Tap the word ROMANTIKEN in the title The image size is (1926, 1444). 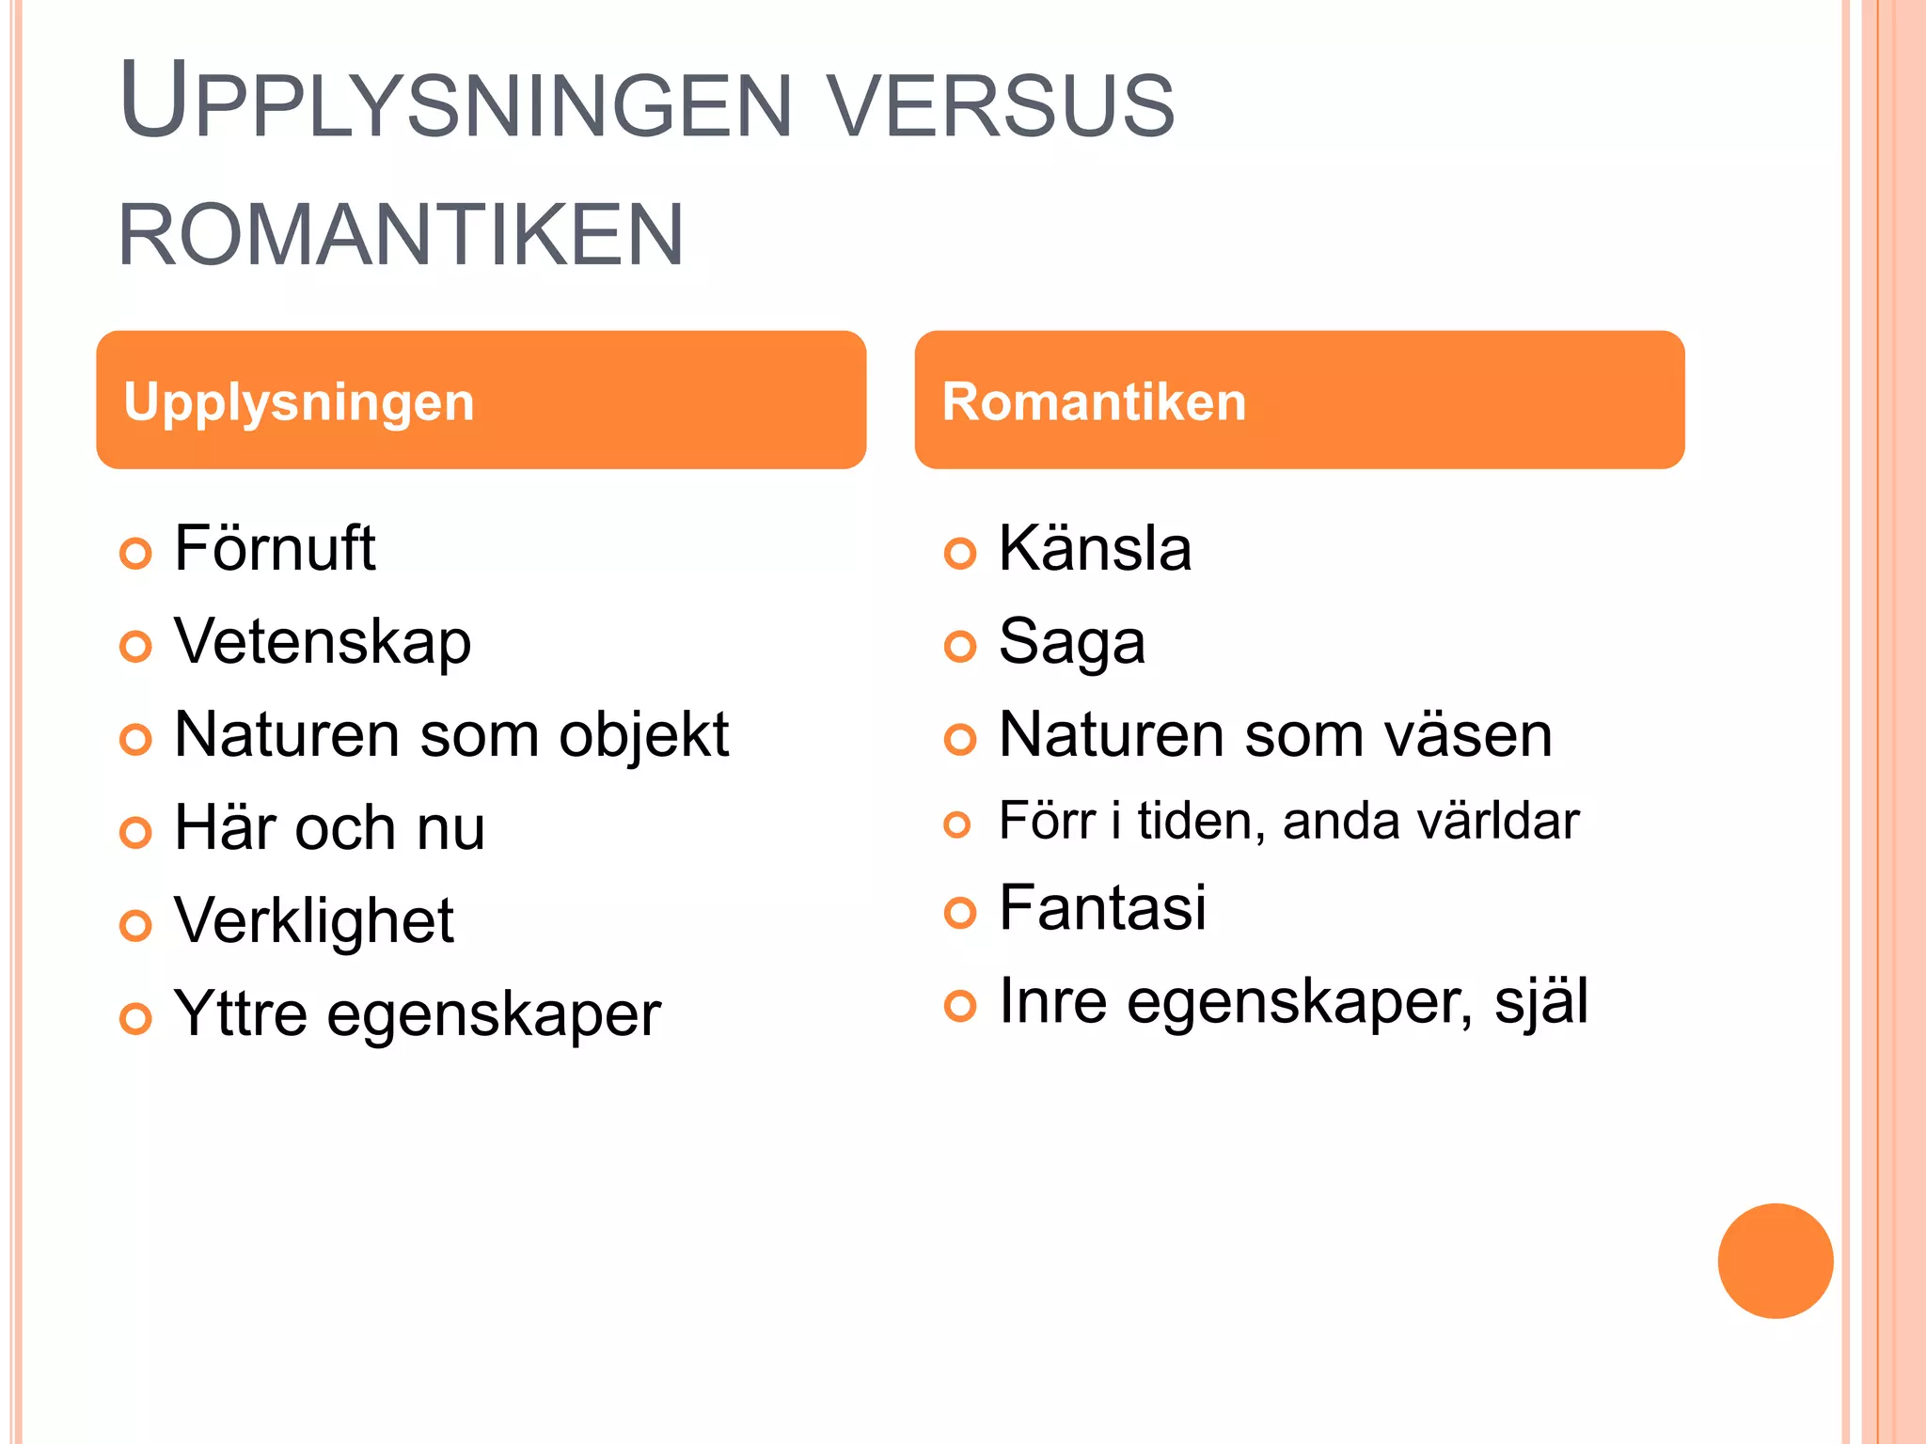click(402, 235)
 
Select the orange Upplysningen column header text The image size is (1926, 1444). click(299, 402)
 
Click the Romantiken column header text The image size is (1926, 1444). click(1094, 402)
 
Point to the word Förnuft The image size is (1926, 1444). click(275, 548)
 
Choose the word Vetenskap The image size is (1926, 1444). click(323, 642)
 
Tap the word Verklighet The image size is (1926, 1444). click(314, 920)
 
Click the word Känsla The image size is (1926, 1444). click(1095, 548)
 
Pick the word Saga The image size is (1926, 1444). click(1072, 642)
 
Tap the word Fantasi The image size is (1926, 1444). click(1102, 908)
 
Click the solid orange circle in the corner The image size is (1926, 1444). click(1775, 1261)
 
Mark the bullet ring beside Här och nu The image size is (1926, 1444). click(136, 832)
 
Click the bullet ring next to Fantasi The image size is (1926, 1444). click(960, 912)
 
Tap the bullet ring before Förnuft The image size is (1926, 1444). click(136, 553)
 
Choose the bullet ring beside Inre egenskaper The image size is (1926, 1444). click(960, 1005)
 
